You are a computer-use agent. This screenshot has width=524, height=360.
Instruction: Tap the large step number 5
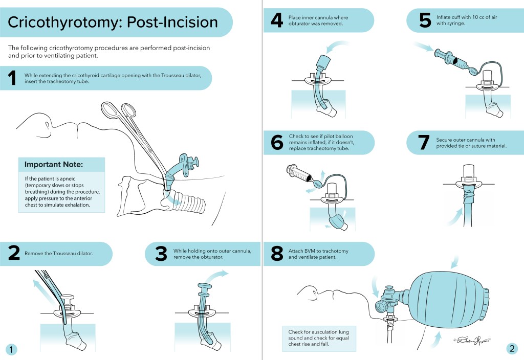[425, 20]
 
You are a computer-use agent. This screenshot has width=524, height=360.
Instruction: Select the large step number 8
[276, 254]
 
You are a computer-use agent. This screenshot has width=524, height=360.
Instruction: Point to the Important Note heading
[54, 165]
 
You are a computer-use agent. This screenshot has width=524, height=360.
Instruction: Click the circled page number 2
[512, 349]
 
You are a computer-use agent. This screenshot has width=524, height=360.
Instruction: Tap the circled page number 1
[12, 349]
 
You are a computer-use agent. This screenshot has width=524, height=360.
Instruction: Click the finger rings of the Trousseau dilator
[120, 110]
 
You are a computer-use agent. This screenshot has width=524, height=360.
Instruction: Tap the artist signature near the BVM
[472, 339]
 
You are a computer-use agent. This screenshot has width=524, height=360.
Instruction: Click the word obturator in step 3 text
[217, 257]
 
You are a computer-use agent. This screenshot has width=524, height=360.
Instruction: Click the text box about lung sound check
[319, 337]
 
